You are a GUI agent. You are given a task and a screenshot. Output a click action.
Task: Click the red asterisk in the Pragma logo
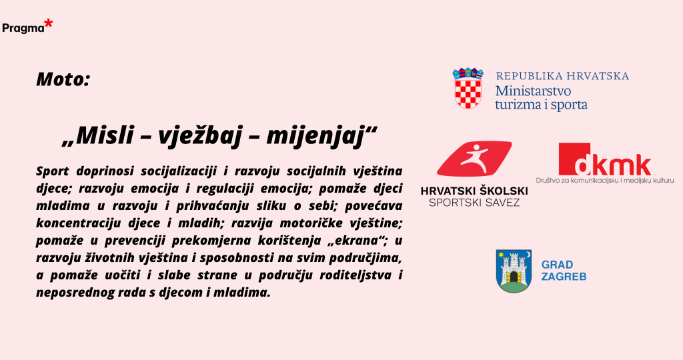tap(48, 25)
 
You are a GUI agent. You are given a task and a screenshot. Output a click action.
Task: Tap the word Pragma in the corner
tap(23, 28)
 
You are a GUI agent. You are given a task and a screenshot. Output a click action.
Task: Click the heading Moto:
tap(63, 79)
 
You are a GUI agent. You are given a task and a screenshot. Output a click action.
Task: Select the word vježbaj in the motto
tap(199, 135)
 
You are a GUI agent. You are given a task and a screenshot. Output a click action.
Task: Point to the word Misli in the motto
tap(104, 135)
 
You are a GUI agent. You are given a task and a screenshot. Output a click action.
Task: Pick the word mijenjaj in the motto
tap(315, 135)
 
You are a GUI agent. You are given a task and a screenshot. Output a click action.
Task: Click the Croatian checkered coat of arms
tap(468, 88)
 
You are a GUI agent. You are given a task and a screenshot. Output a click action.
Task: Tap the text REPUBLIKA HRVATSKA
tap(562, 76)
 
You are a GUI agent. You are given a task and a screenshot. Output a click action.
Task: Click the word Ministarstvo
tap(533, 91)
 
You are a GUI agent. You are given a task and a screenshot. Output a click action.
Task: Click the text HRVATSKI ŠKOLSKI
tap(474, 191)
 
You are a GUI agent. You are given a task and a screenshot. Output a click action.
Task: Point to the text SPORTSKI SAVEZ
tap(474, 203)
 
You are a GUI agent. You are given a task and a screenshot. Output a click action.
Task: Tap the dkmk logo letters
tap(613, 165)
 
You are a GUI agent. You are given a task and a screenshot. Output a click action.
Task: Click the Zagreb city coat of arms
tap(514, 271)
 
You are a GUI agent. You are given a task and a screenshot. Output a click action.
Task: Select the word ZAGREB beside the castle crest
tap(564, 277)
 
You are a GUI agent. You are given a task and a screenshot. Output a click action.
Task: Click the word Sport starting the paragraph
tap(52, 171)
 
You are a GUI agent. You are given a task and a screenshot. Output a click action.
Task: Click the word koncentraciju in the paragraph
tap(79, 223)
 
